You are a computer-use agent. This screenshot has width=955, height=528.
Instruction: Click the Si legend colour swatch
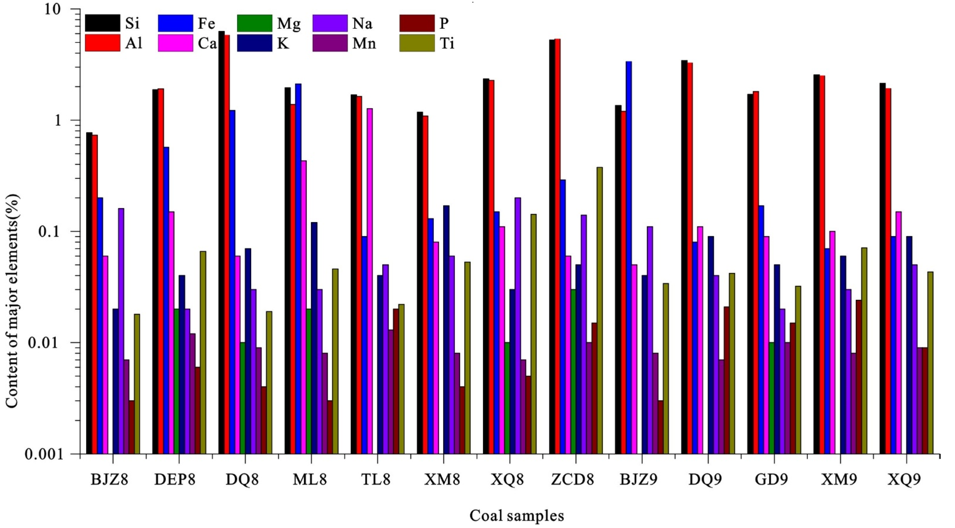tap(102, 23)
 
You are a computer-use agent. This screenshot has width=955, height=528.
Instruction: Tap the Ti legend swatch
tap(417, 43)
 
